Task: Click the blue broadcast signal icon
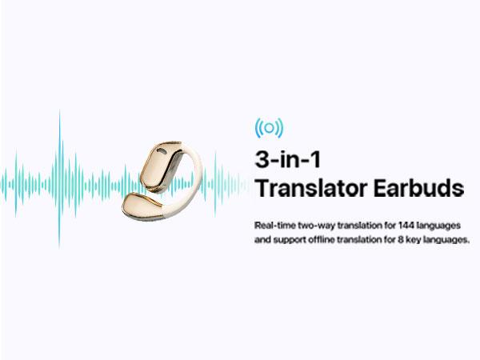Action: (269, 128)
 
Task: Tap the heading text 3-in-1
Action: (287, 159)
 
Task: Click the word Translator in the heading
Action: (311, 188)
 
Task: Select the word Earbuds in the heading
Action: (418, 188)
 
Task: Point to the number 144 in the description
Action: (406, 226)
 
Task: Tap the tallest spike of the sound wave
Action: (59, 178)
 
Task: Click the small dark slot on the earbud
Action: (161, 150)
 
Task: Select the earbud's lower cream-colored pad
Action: (141, 205)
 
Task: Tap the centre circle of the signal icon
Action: (269, 128)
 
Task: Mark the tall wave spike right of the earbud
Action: (215, 184)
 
